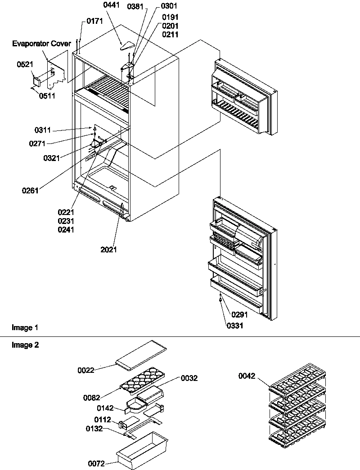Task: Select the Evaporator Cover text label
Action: click(x=41, y=44)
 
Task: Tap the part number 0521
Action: click(x=24, y=65)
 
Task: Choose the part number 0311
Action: click(x=43, y=130)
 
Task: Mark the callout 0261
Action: click(x=30, y=190)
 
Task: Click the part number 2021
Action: click(x=108, y=249)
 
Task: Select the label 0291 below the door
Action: click(x=240, y=315)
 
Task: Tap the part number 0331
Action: click(x=235, y=326)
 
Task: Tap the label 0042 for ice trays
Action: click(x=247, y=376)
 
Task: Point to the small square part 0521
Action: click(x=36, y=81)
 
